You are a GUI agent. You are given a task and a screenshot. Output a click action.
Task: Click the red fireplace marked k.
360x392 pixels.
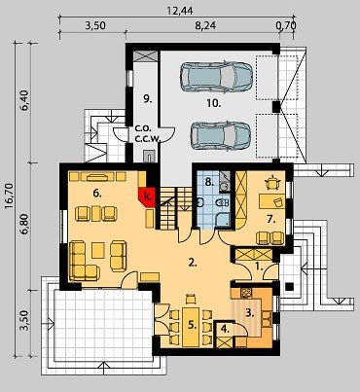tap(148, 197)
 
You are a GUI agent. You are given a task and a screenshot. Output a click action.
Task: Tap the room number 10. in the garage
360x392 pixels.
tap(214, 103)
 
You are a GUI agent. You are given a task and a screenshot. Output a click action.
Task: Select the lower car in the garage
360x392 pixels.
tap(221, 136)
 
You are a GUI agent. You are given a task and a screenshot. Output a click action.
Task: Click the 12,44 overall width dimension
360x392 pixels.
tap(180, 11)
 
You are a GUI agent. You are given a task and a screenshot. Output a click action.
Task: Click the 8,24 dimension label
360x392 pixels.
tap(205, 25)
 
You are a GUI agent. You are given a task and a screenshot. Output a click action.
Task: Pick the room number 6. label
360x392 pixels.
tap(97, 194)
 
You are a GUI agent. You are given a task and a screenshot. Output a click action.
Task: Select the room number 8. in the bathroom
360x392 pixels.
tap(209, 182)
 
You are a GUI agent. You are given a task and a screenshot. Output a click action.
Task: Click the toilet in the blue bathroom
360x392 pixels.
tap(223, 203)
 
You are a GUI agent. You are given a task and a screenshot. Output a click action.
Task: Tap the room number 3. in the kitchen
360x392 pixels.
tap(249, 312)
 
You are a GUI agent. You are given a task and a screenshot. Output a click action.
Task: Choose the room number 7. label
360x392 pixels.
tap(271, 220)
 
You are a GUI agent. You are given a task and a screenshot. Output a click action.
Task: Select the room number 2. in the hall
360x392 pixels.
tap(193, 263)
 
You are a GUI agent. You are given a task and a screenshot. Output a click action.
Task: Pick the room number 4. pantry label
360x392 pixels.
tap(225, 329)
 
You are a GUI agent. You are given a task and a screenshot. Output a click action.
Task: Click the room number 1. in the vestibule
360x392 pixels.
tap(259, 267)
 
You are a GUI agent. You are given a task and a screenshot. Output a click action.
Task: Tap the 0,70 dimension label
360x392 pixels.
tap(286, 25)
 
